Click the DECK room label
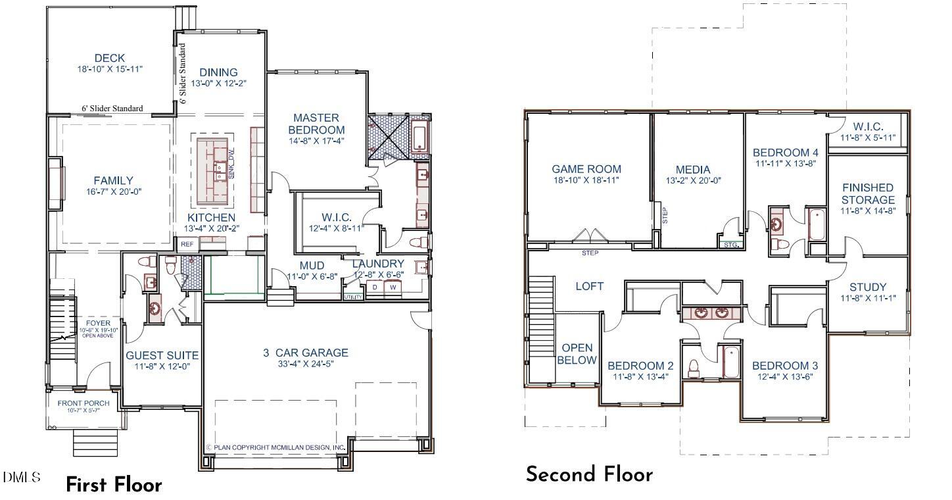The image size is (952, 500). (109, 58)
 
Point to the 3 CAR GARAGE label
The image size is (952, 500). (306, 353)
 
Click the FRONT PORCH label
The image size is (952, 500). (83, 403)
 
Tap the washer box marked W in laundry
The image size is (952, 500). (393, 287)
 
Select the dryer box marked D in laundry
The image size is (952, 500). (375, 287)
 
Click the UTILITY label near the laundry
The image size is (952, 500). (352, 297)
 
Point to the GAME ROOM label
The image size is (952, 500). (586, 169)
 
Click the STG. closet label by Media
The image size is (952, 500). (731, 245)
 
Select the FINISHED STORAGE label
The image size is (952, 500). (868, 193)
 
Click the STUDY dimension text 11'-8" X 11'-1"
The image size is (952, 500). (868, 298)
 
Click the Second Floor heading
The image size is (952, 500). (589, 474)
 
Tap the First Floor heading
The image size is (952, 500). (114, 485)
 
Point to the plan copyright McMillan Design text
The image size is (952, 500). (276, 447)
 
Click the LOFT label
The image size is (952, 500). (589, 286)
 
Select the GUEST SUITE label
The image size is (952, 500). (162, 355)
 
